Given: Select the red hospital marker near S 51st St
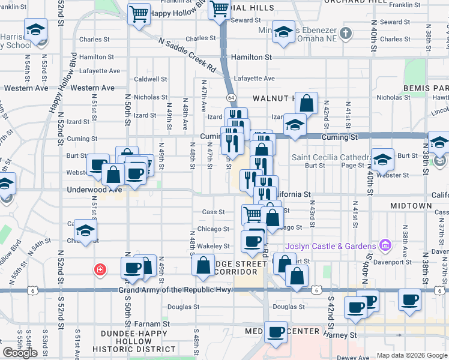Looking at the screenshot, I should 98,270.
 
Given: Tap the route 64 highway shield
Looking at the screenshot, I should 231,97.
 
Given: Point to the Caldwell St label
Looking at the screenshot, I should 150,79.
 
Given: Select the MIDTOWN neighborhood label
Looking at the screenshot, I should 411,206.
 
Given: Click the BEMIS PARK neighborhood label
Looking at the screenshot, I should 423,88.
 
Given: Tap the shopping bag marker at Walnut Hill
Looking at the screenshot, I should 307,103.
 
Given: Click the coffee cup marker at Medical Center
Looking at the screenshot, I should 276,332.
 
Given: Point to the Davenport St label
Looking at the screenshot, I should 394,262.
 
